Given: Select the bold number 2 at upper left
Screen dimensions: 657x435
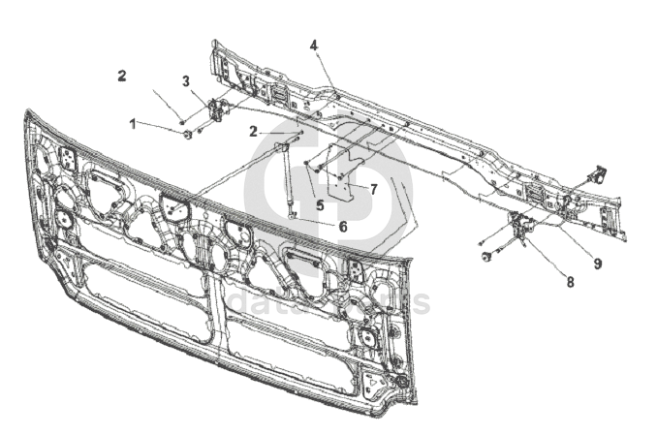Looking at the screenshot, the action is click(122, 75).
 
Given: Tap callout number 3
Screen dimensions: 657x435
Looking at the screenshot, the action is click(186, 80).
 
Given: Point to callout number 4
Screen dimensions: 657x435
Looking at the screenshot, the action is click(314, 46).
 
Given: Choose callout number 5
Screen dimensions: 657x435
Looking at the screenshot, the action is click(319, 205).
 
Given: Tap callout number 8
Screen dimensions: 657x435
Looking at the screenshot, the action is click(570, 282).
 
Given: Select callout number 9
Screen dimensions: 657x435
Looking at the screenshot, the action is click(598, 264).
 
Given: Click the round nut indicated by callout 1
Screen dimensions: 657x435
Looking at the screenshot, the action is click(187, 134).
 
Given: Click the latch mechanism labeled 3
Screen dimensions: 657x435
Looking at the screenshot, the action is click(217, 111).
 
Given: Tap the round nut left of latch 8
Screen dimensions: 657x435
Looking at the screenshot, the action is click(485, 256).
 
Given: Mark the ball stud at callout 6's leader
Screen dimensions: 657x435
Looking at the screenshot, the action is click(290, 215).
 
